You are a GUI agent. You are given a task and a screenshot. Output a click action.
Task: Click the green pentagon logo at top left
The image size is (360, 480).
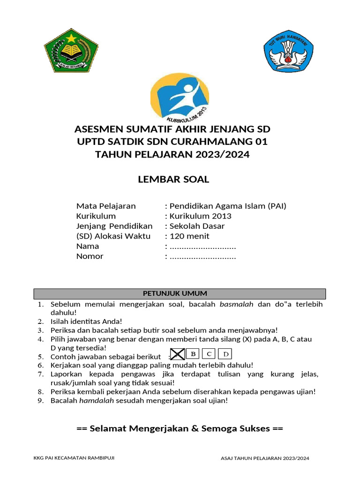pos(71,51)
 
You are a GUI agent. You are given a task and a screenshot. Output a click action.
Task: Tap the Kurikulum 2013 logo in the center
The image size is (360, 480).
pos(180,97)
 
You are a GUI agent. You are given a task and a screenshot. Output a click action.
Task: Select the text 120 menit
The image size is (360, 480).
pos(189,236)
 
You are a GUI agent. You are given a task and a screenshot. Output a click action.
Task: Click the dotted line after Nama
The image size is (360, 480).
pos(202,247)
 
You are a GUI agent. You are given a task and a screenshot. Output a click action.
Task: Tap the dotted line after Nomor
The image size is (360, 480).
pos(202,256)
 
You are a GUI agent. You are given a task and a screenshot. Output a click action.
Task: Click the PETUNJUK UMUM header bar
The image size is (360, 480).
pos(180,294)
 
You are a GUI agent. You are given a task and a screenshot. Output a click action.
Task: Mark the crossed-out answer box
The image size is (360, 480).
pos(177,354)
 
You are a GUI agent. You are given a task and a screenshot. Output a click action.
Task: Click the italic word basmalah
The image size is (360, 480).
pos(237,304)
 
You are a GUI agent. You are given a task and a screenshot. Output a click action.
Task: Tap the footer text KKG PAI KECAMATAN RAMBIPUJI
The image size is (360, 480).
pos(74,458)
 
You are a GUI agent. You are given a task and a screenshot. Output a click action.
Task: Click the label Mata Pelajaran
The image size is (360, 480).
pos(106,206)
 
